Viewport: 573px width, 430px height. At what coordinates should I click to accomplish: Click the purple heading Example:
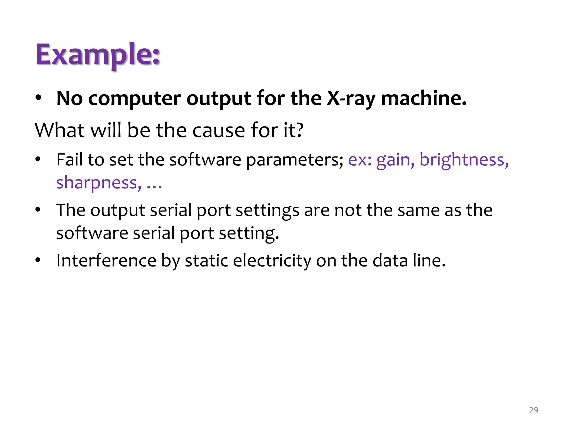tap(98, 55)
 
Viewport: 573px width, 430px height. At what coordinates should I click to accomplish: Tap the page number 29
tap(534, 410)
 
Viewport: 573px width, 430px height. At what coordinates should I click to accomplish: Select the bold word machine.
tap(424, 99)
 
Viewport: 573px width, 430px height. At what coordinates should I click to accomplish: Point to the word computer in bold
tap(135, 99)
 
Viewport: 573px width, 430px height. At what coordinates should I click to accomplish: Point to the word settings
tap(267, 211)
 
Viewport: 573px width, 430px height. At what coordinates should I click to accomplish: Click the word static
tap(206, 261)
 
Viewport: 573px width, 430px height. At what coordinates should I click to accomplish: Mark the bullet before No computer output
tap(38, 98)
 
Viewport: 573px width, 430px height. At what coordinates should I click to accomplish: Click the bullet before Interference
tap(38, 260)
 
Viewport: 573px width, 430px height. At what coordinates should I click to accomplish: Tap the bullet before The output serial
tap(38, 210)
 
